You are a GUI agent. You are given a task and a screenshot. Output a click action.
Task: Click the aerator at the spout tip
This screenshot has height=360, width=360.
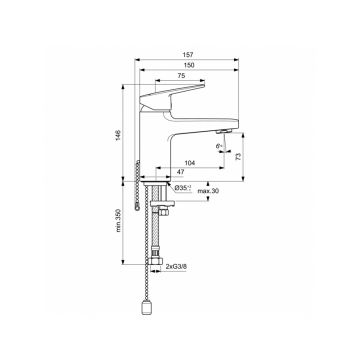click(224, 131)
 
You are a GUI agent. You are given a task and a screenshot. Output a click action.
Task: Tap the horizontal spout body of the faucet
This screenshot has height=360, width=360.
click(200, 125)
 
